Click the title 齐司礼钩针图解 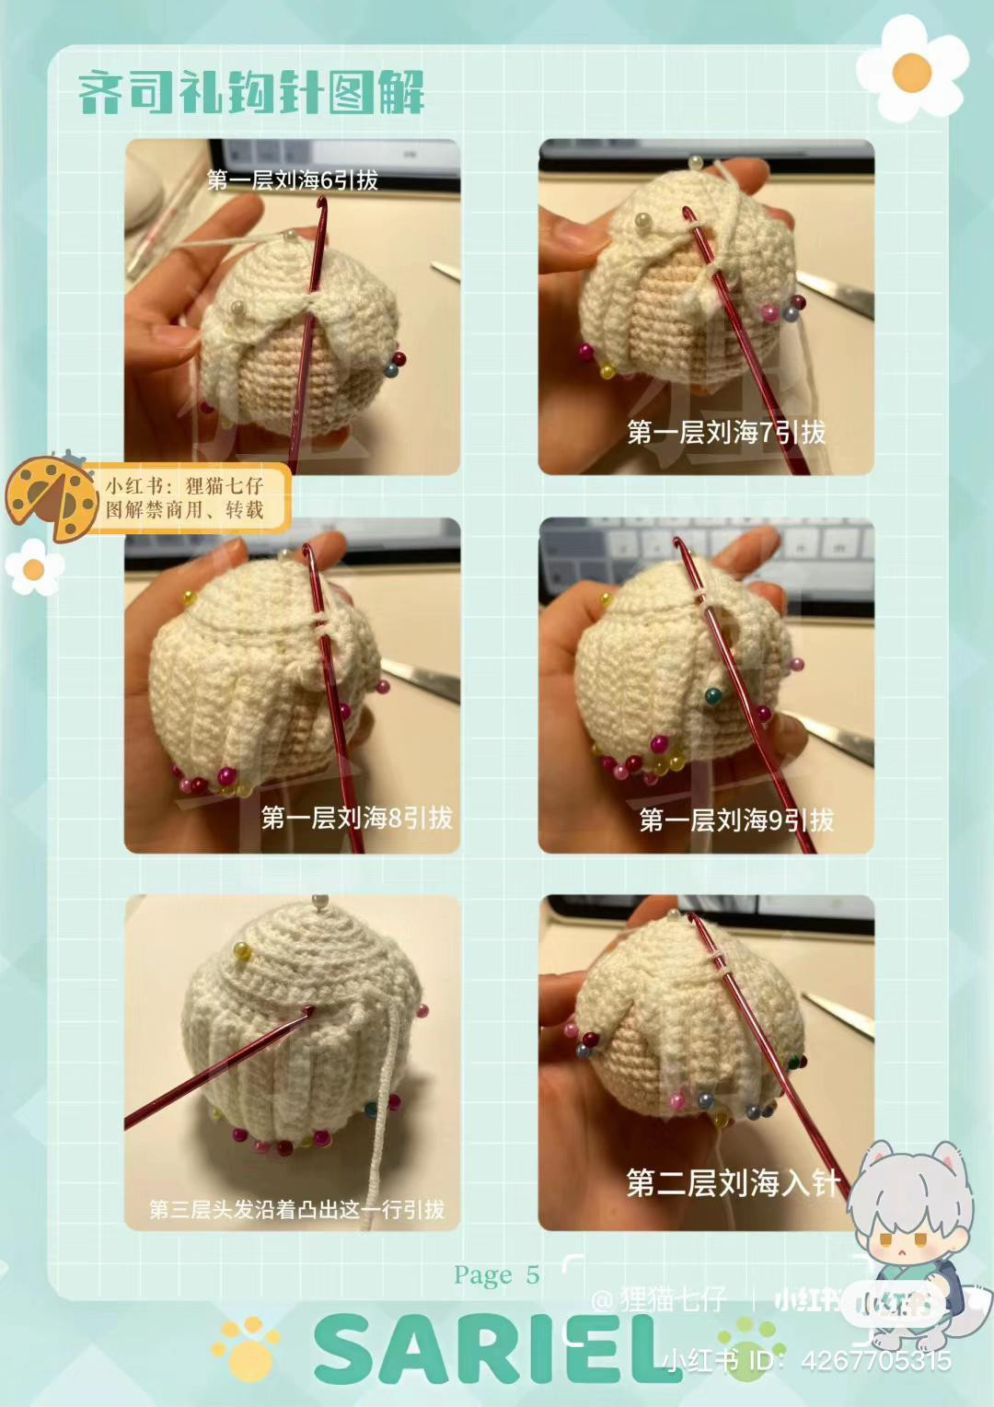[x=250, y=94]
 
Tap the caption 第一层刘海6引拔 [x=293, y=180]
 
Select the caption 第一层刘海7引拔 [x=726, y=432]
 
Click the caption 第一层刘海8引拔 [x=356, y=818]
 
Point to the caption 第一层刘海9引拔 [x=736, y=820]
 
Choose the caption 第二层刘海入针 [x=733, y=1183]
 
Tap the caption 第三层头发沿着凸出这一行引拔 [x=296, y=1209]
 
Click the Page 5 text [x=496, y=1275]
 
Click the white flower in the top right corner [x=911, y=70]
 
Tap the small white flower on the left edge [x=33, y=568]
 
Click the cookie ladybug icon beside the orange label [x=51, y=498]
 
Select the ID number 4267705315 [x=876, y=1360]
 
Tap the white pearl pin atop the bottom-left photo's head [x=320, y=901]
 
